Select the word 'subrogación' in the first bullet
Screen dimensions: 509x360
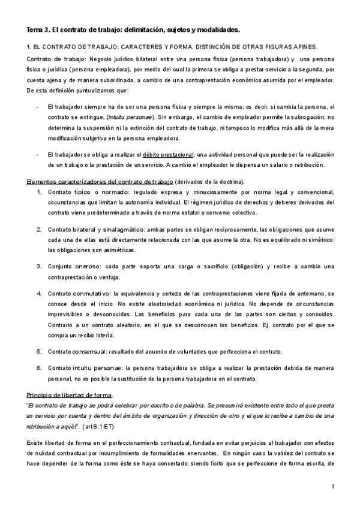click(308, 116)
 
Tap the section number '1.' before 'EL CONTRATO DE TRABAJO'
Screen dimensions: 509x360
click(30, 47)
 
